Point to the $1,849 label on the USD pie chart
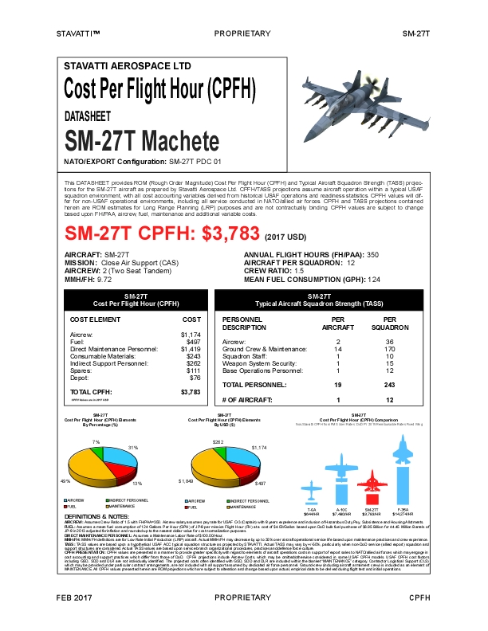(185, 481)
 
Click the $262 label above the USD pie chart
(216, 441)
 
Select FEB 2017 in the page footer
(74, 619)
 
